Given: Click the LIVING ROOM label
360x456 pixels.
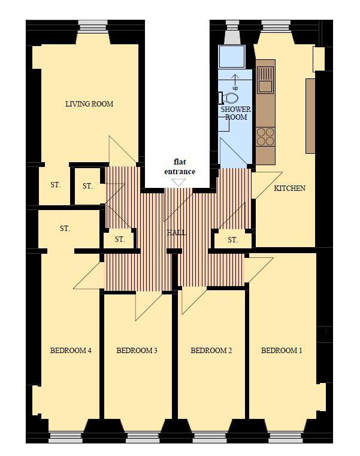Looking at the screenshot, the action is [x=89, y=104].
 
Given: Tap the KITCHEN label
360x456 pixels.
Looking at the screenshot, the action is [x=289, y=188].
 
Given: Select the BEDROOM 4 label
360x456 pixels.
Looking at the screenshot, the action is [x=71, y=350].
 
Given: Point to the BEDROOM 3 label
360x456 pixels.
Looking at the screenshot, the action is [x=137, y=350].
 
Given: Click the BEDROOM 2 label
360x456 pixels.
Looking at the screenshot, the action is [x=211, y=350].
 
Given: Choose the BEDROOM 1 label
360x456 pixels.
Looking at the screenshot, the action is [x=282, y=350].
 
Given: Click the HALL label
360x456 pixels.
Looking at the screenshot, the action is [x=176, y=233].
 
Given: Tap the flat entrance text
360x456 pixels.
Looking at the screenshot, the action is [x=180, y=166].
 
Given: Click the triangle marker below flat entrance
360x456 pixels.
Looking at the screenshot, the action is [x=179, y=182].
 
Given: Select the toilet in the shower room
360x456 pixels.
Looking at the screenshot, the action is [x=229, y=98].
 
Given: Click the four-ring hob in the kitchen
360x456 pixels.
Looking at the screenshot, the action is [x=265, y=136].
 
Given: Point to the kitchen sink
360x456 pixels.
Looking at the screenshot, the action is [x=265, y=80].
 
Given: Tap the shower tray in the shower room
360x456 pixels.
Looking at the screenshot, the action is [x=232, y=56].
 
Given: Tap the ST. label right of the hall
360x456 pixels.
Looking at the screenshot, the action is [x=232, y=240].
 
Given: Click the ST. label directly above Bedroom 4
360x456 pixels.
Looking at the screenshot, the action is [x=65, y=229].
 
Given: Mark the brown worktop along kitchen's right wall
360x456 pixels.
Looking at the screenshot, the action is [x=310, y=115].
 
